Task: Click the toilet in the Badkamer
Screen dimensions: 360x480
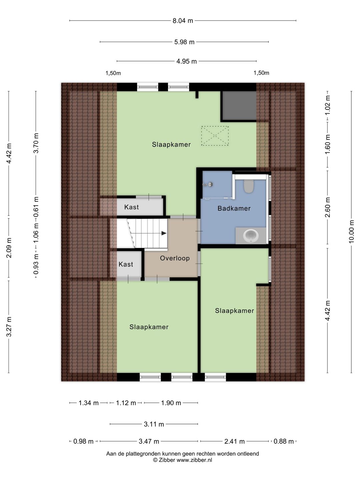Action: (248, 186)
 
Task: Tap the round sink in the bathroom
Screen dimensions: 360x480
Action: (251, 236)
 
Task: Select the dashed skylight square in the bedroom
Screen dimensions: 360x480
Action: (215, 136)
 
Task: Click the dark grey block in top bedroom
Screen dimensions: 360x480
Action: (239, 105)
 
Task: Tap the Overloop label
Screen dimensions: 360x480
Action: (175, 258)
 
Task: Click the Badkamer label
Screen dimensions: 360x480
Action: (234, 208)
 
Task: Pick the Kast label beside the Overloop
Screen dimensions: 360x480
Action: (126, 264)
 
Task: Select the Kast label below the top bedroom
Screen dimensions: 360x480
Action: (131, 207)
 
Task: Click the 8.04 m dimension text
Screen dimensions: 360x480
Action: (183, 21)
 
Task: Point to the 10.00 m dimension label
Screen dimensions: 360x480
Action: (351, 231)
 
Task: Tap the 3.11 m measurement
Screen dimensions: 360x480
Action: (154, 424)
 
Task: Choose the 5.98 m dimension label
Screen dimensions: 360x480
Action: (184, 42)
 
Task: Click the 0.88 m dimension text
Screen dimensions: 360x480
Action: (283, 442)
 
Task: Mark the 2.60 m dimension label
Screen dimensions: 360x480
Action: (327, 207)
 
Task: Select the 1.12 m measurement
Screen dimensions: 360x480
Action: (126, 403)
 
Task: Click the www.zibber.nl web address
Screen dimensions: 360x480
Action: (194, 460)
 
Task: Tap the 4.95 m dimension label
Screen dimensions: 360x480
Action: (186, 61)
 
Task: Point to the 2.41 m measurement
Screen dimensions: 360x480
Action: (234, 442)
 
